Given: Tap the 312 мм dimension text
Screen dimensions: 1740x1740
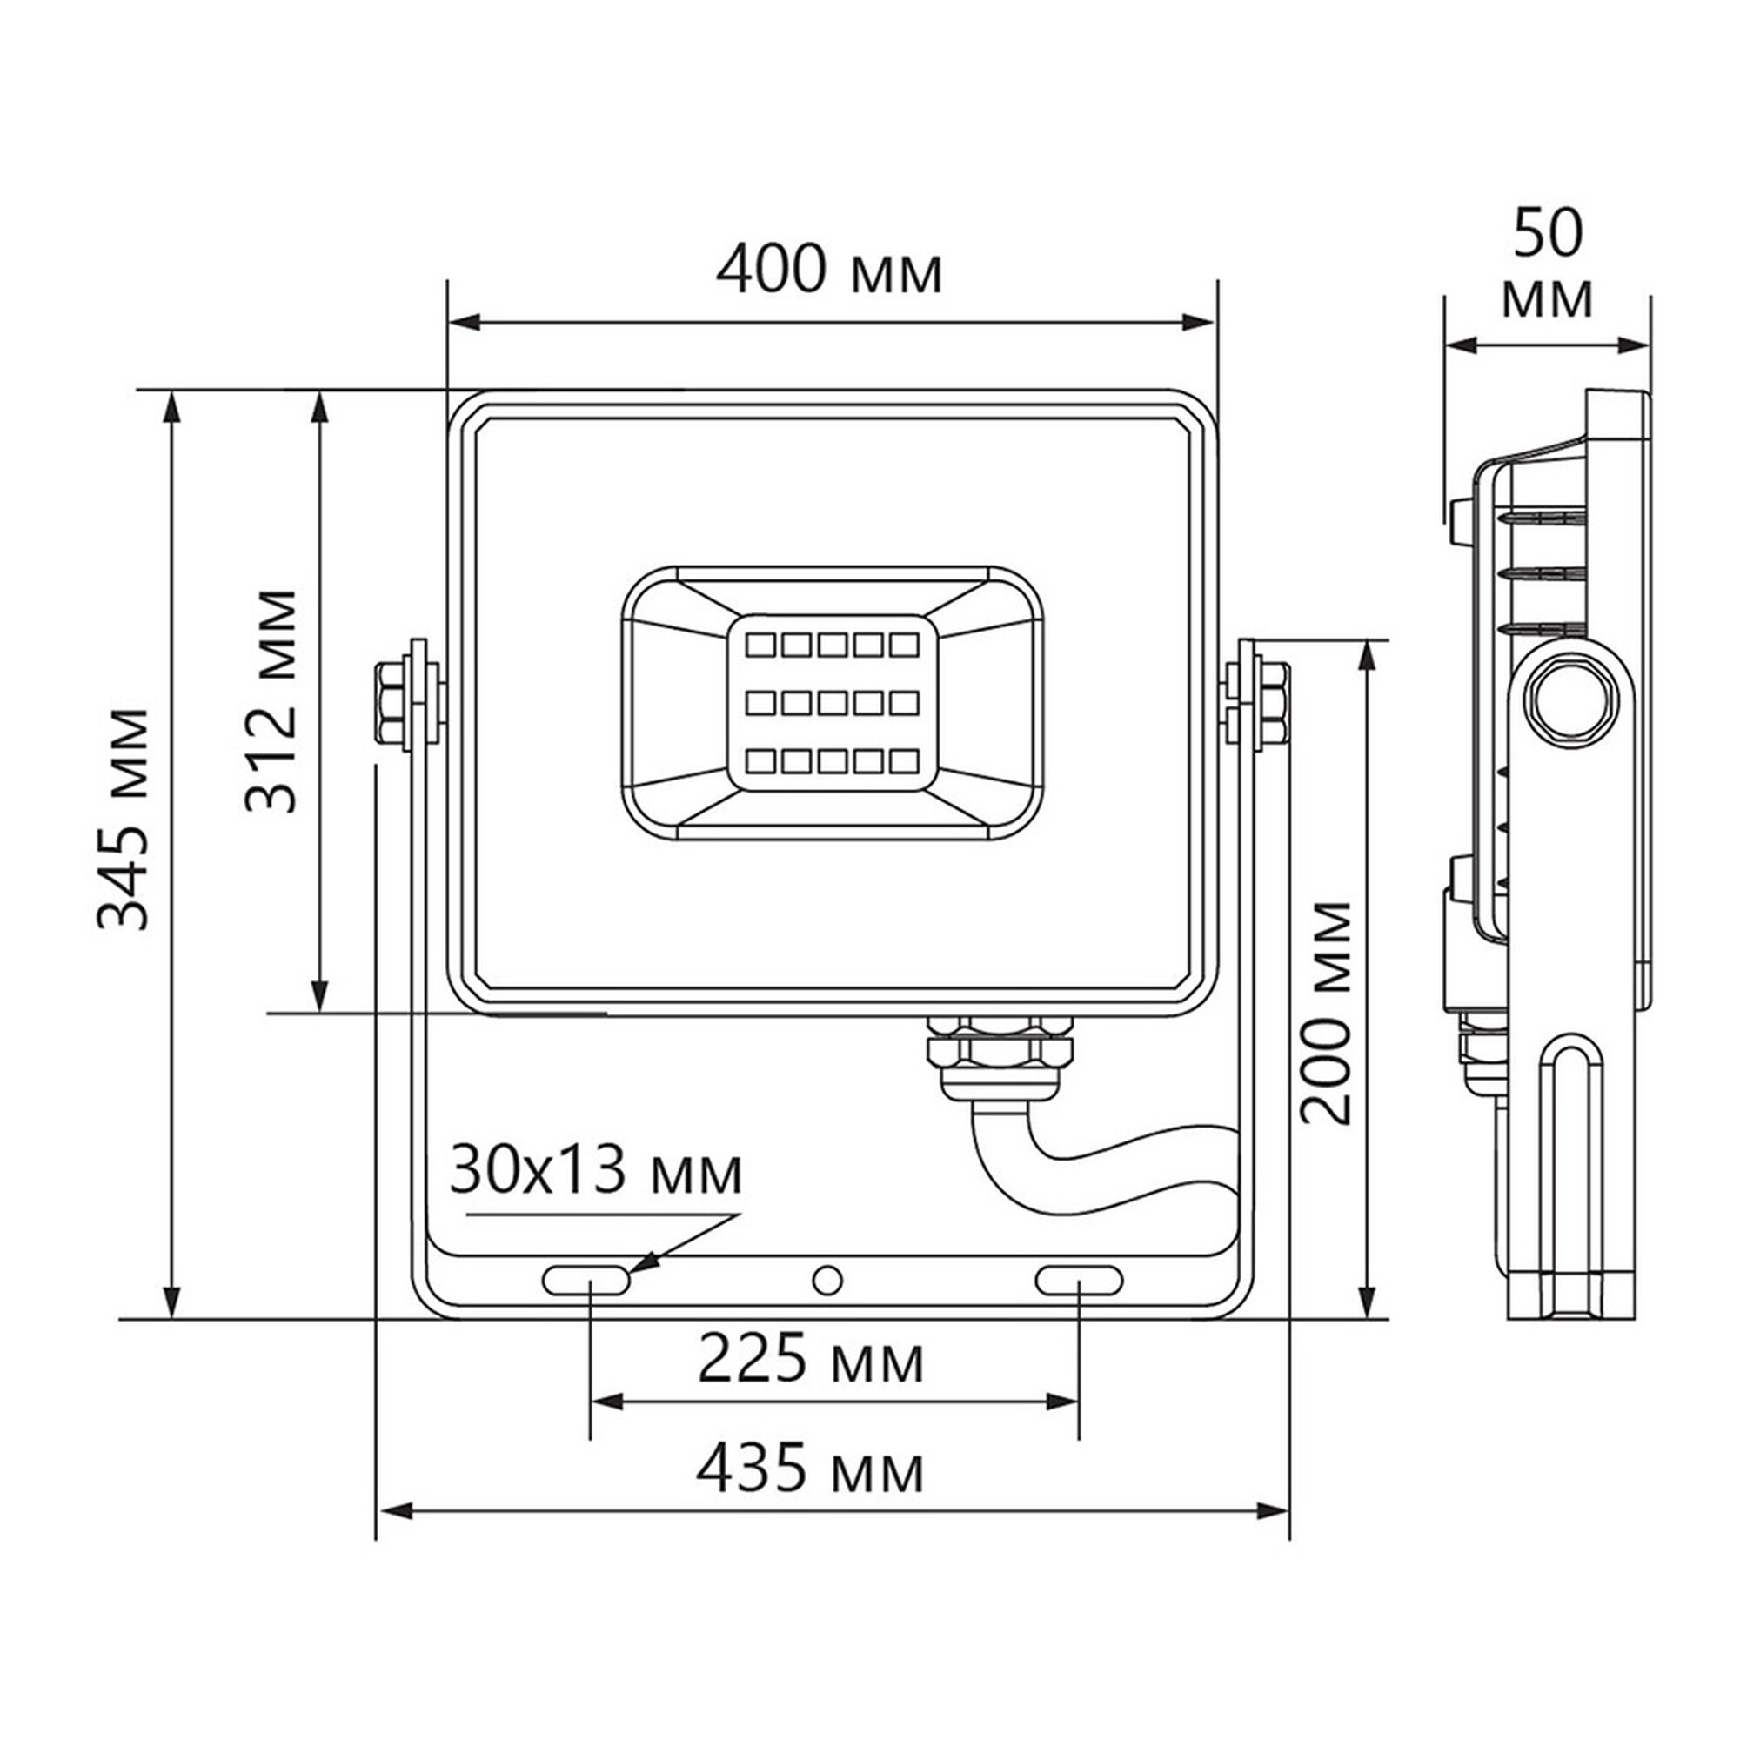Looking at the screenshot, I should pyautogui.click(x=271, y=701).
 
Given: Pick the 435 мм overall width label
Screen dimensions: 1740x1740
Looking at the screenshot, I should pyautogui.click(x=810, y=1469).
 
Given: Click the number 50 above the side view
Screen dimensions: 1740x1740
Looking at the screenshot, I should pyautogui.click(x=1547, y=234).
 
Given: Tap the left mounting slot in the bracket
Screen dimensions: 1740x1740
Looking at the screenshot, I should pyautogui.click(x=586, y=1280).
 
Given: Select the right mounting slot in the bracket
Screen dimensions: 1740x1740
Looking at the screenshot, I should pyautogui.click(x=1079, y=1280).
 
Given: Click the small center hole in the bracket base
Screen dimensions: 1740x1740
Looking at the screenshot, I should pyautogui.click(x=826, y=1280).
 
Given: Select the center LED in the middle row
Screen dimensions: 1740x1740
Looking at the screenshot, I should pyautogui.click(x=833, y=702).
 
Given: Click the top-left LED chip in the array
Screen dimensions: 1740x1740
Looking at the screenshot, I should pyautogui.click(x=761, y=645).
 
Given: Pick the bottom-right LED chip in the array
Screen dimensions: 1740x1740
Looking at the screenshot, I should pyautogui.click(x=903, y=761).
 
